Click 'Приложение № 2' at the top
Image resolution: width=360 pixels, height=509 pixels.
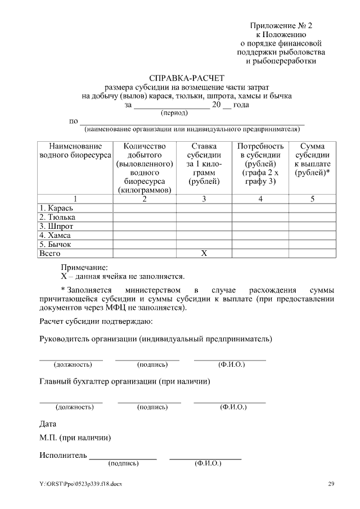[x=281, y=25]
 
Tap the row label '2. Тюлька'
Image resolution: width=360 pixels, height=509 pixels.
[x=57, y=218]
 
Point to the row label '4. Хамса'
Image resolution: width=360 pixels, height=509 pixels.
[x=55, y=236]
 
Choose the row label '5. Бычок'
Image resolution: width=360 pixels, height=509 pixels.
[x=55, y=245]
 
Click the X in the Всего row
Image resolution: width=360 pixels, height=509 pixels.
[x=204, y=254]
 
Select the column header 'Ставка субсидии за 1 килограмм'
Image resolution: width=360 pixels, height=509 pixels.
[x=204, y=164]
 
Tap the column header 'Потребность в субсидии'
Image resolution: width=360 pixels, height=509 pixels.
[x=260, y=164]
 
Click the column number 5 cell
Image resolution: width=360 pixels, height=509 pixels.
[x=312, y=199]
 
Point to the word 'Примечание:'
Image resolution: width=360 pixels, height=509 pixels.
[x=84, y=268]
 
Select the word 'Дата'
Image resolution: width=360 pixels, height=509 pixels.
[x=48, y=424]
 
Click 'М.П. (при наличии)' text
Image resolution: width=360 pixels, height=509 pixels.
[x=75, y=438]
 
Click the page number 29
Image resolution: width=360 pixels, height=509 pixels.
[x=331, y=484]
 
